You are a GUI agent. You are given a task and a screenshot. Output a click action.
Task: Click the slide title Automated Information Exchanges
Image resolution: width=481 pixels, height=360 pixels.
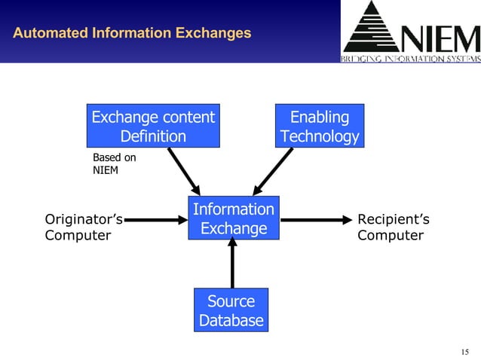(x=132, y=33)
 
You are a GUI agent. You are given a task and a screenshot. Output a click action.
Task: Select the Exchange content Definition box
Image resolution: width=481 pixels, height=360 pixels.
(x=153, y=127)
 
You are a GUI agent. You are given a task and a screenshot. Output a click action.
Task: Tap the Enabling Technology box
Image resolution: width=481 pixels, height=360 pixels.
(x=320, y=127)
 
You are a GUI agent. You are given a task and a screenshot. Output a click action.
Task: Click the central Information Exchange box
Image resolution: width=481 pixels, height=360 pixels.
(x=233, y=218)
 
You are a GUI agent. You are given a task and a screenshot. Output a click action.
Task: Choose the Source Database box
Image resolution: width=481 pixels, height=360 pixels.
(x=231, y=310)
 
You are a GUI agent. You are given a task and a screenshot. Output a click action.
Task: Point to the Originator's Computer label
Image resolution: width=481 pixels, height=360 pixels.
(x=84, y=227)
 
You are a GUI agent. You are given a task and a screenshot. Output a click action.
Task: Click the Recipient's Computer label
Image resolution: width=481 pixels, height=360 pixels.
(x=393, y=227)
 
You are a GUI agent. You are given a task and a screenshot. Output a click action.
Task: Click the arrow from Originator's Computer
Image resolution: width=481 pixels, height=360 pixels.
(x=155, y=220)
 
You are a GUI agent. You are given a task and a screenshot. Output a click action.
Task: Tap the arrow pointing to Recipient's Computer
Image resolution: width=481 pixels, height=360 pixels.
(x=316, y=220)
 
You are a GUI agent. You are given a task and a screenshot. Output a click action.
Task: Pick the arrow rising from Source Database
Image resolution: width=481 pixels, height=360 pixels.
(x=232, y=264)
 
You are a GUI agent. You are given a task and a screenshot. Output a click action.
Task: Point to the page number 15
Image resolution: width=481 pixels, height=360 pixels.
(x=464, y=352)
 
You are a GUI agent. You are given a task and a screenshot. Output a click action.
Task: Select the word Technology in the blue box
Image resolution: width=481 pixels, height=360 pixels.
(x=320, y=136)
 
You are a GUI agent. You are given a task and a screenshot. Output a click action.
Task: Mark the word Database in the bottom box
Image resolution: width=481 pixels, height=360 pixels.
(x=231, y=320)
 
